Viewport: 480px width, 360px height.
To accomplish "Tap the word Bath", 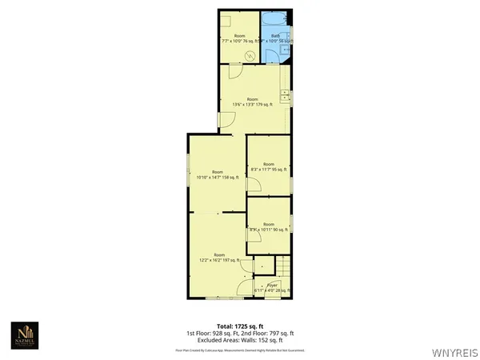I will pos(274,35).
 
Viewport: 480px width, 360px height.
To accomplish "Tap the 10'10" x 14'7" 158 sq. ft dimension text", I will pos(217,177).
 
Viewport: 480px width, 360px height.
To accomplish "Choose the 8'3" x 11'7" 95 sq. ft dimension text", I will pos(268,169).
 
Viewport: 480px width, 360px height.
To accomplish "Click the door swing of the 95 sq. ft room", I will pos(252,185).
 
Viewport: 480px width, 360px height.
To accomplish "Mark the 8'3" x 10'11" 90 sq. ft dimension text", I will pos(268,230).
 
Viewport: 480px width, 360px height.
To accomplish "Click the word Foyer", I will pos(272,285).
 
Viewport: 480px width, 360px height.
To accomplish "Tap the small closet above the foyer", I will pos(262,266).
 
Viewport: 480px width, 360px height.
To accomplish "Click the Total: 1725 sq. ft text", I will pos(239,326).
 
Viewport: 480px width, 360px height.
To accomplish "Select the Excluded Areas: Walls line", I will pos(239,339).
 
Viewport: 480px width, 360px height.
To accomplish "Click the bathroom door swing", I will pos(270,54).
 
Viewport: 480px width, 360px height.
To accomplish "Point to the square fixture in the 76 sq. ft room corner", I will pos(227,19).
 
